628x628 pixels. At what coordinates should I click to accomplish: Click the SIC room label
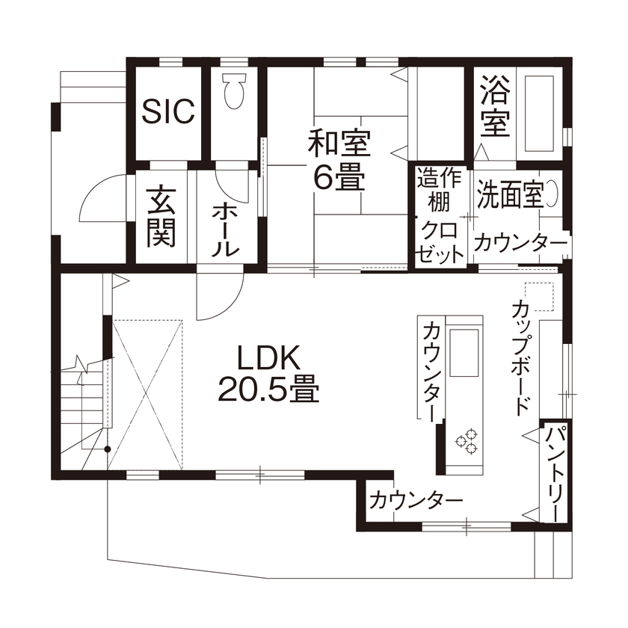[x=169, y=112]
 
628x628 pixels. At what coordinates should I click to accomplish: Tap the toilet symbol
[x=233, y=90]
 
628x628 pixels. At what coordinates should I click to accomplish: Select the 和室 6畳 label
[x=339, y=159]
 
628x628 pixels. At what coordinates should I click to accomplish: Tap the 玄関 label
[x=161, y=217]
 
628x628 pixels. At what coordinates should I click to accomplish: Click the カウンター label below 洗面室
[x=520, y=243]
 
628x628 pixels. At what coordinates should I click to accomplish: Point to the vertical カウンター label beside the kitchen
[x=431, y=370]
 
